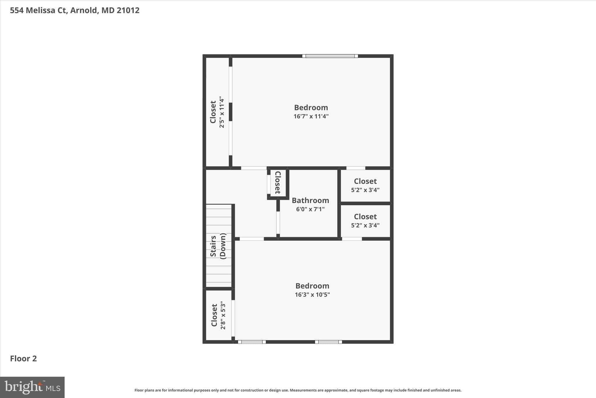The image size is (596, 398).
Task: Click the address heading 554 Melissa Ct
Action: tap(74, 10)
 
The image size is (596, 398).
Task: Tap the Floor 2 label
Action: tap(24, 359)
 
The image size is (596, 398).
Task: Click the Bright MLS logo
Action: tap(32, 387)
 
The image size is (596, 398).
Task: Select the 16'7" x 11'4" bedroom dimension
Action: tap(311, 116)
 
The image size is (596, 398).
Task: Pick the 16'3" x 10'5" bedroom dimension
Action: tap(312, 294)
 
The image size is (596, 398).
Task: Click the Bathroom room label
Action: tap(310, 200)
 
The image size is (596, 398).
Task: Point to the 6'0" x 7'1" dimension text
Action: tap(310, 209)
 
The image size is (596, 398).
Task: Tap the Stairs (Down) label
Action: tap(218, 246)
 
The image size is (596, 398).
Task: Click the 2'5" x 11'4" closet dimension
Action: tap(222, 112)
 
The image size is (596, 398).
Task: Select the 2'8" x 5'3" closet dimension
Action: tap(223, 315)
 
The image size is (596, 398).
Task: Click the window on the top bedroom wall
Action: tap(330, 56)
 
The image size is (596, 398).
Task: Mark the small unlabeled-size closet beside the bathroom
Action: tap(278, 183)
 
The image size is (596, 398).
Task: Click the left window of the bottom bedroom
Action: tap(252, 342)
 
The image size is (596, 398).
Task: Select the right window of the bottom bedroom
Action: tap(328, 342)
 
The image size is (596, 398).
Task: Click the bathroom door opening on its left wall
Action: tap(278, 222)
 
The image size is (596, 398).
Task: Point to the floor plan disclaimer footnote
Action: tap(298, 390)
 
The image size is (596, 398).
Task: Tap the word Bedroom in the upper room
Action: tap(311, 108)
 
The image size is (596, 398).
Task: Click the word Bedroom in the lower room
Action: tap(312, 286)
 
